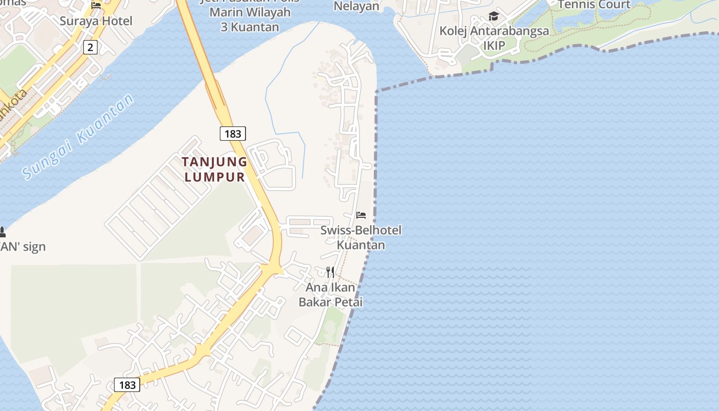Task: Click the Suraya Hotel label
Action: click(96, 21)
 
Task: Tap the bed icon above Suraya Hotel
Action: click(96, 6)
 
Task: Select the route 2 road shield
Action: click(90, 48)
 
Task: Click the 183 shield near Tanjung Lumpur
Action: click(233, 134)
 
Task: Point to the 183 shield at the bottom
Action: click(127, 385)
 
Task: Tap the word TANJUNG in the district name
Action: click(215, 162)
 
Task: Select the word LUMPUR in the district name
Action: click(215, 177)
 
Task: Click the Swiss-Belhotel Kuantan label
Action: click(361, 237)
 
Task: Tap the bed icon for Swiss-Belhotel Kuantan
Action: click(361, 215)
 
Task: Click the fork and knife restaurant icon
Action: click(330, 272)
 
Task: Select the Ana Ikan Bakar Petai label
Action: click(331, 295)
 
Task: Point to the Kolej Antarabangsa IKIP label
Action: click(494, 38)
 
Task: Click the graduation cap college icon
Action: click(494, 16)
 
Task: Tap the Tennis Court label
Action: click(594, 5)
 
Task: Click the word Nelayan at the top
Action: click(356, 6)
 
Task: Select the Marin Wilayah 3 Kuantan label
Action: click(250, 19)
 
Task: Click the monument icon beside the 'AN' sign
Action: click(2, 232)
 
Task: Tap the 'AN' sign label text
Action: click(23, 247)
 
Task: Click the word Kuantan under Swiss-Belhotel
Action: click(361, 245)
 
